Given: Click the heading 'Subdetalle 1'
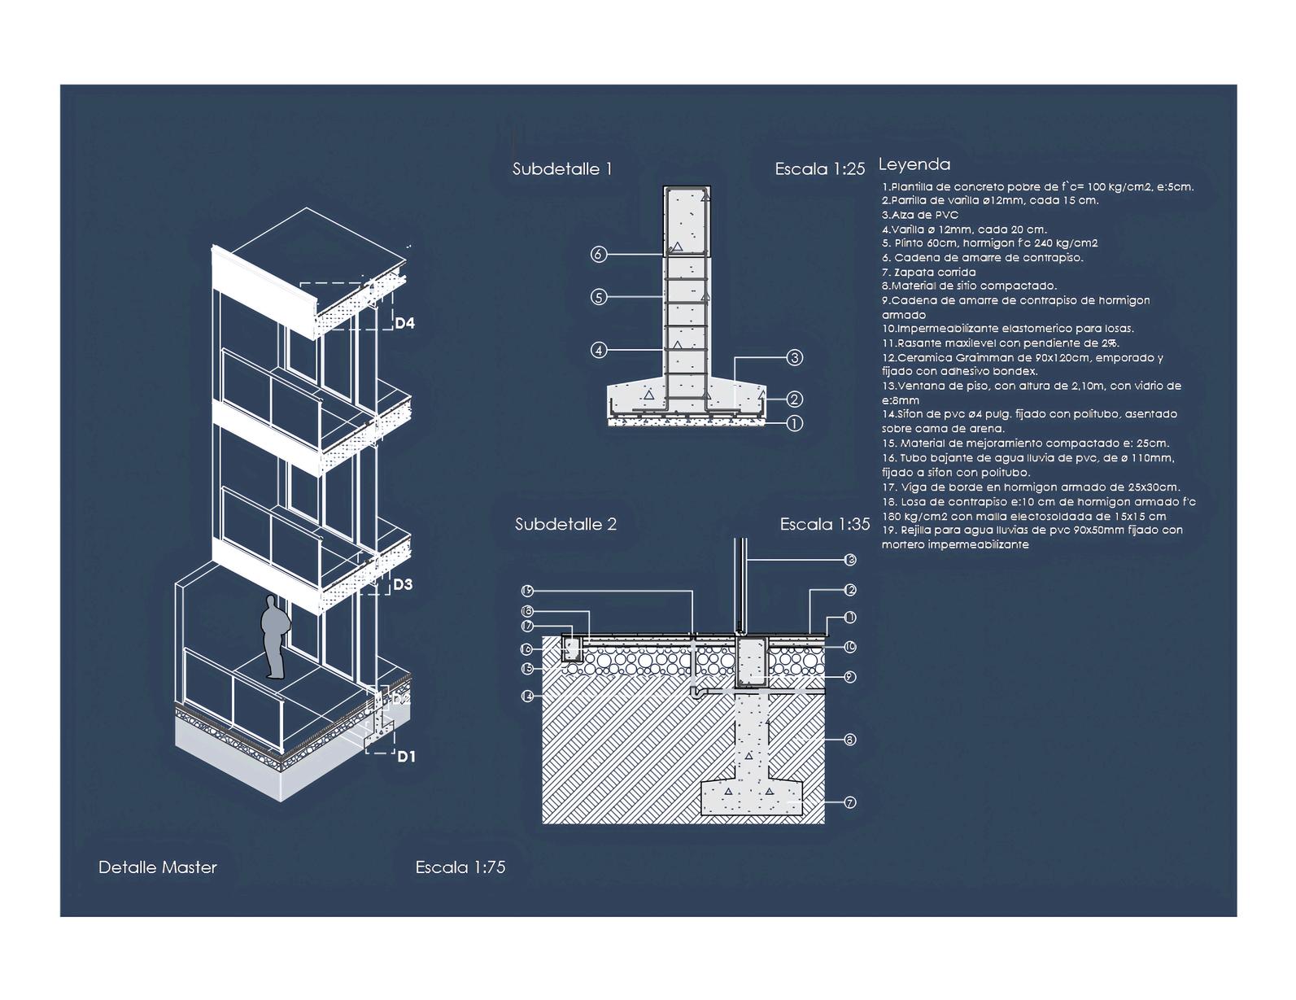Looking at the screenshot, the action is (561, 169).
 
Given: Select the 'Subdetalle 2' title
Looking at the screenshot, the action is (565, 524).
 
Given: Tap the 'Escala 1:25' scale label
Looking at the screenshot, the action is (819, 169).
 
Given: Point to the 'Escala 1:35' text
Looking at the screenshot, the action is (824, 524).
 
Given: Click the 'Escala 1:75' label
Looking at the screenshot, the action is (460, 867).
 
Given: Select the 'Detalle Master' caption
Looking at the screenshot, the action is (158, 867).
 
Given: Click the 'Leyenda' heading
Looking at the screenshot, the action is (914, 164).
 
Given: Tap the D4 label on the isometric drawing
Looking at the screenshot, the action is (404, 323).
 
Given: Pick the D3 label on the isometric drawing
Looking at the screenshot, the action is (403, 584).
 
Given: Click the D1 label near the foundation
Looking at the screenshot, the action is (406, 757).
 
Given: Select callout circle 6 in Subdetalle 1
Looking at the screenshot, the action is (599, 255).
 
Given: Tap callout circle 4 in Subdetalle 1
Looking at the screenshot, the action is (599, 351).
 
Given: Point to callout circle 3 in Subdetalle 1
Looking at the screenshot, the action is (795, 357).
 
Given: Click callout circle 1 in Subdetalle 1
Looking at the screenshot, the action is (795, 423).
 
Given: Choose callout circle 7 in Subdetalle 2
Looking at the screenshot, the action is (850, 803).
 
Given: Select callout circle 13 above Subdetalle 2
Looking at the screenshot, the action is (850, 560).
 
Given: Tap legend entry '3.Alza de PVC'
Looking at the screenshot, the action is (920, 215).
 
